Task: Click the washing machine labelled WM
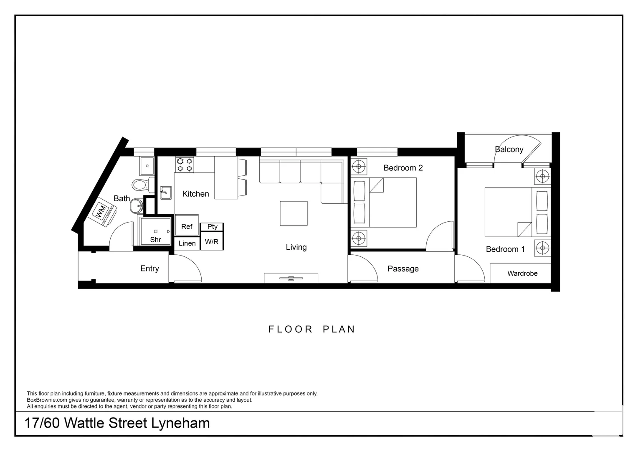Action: (102, 212)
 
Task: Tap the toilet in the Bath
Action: (143, 185)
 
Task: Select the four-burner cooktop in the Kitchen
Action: (185, 165)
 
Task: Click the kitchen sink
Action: (166, 193)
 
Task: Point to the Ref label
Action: (187, 226)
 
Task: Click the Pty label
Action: (212, 226)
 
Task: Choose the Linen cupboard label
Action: (187, 243)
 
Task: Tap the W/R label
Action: (212, 242)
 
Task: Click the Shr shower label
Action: (155, 240)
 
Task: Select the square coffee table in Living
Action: (294, 213)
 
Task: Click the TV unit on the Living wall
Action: (291, 278)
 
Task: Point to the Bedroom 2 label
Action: (403, 168)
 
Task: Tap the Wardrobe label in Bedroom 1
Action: (522, 274)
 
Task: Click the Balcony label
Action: (509, 149)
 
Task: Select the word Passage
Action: (403, 269)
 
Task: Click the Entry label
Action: (149, 269)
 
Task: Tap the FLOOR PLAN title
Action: (311, 329)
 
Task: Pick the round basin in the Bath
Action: (137, 205)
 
